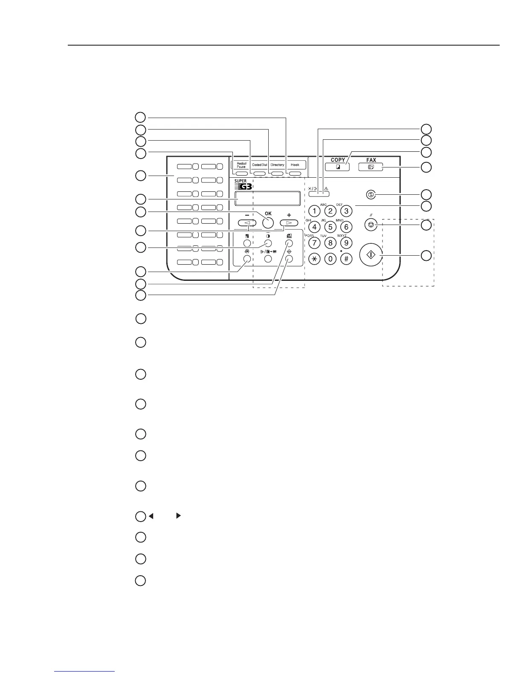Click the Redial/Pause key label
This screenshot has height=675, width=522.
tap(241, 165)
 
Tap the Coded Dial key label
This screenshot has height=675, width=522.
tap(259, 165)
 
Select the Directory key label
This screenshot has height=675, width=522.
tap(277, 165)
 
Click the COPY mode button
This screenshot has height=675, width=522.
tap(338, 167)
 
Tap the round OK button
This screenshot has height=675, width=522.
tap(268, 222)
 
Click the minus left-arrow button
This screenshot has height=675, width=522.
tap(247, 222)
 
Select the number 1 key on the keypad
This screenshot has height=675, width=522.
tap(314, 211)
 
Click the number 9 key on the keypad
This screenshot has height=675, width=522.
tap(346, 243)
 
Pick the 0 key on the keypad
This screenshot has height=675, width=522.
tap(330, 259)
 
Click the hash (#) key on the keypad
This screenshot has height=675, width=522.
tap(346, 259)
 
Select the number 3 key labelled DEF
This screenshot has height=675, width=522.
tap(346, 211)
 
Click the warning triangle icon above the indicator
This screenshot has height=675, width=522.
tap(327, 189)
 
